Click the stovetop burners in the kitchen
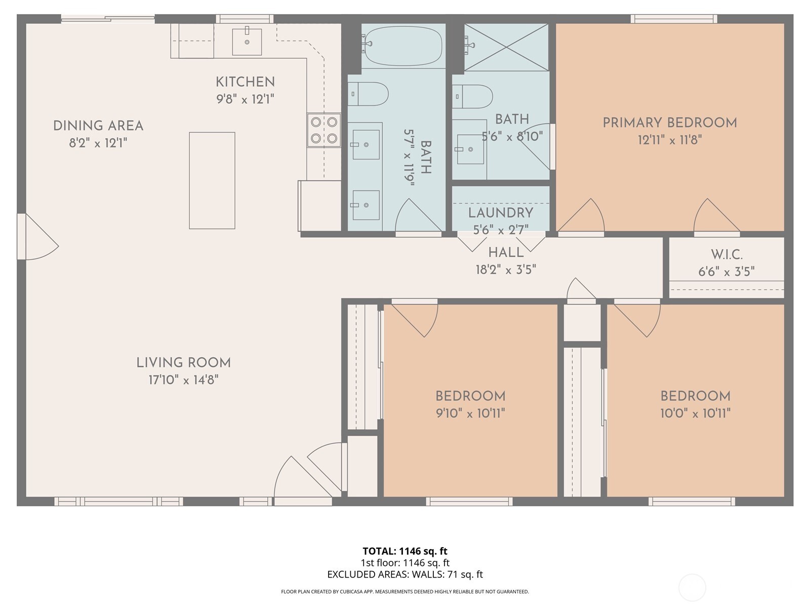tap(323, 130)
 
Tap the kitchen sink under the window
tap(247, 42)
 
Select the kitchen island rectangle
tap(212, 180)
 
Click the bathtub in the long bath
tap(403, 46)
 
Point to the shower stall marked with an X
tap(506, 47)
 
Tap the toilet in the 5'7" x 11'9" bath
tap(368, 94)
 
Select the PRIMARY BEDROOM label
tap(669, 123)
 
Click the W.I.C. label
tap(726, 254)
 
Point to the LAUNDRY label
tap(501, 213)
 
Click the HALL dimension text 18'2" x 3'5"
tap(505, 270)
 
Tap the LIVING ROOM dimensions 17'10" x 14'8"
tap(183, 379)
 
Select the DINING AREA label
tap(98, 126)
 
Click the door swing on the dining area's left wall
tap(38, 237)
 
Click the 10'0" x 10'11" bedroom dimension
tap(695, 413)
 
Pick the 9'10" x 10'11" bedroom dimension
tap(470, 413)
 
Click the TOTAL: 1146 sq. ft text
tap(405, 551)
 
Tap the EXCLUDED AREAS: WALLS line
tap(405, 575)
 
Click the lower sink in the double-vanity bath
tap(366, 205)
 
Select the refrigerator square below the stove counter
tap(320, 205)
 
